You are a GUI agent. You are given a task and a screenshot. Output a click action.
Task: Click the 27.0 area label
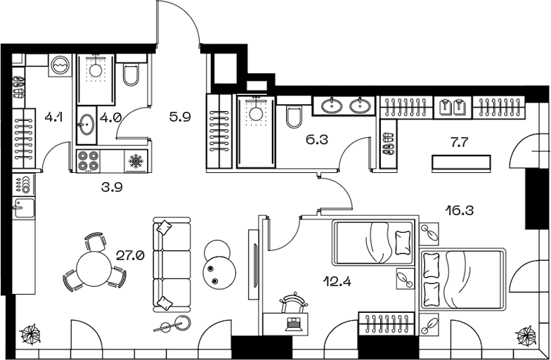point(130,256)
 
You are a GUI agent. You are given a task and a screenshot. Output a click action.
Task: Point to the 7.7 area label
point(458,142)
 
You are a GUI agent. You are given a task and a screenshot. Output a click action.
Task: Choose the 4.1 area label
point(53,117)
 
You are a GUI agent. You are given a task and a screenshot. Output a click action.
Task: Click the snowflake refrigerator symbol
point(135,160)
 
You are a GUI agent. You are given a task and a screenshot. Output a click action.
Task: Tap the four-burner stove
point(88,160)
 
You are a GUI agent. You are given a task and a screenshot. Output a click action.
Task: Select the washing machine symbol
point(60,65)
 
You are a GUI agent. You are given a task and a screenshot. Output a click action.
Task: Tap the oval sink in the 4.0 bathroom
point(86,124)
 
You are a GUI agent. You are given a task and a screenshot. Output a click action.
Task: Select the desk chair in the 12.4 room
point(293,304)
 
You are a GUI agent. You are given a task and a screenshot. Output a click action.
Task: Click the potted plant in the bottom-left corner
point(30,332)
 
